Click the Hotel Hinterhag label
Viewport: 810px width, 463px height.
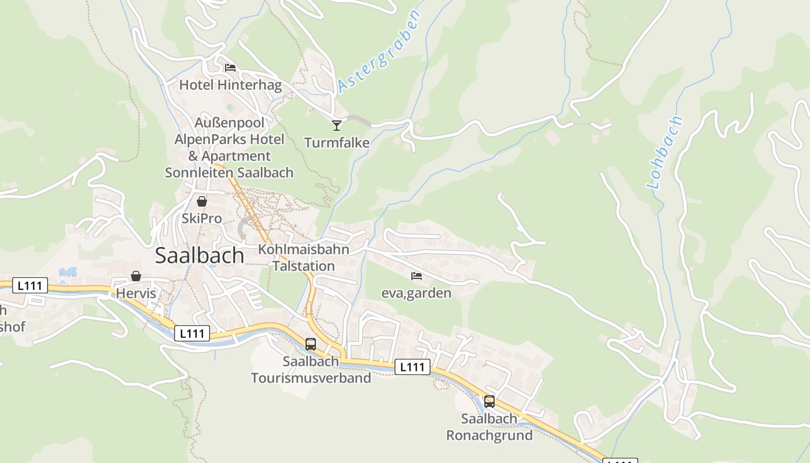(x=230, y=86)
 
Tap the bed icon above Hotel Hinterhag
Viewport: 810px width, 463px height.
(x=230, y=68)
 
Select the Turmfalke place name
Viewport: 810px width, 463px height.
(x=337, y=143)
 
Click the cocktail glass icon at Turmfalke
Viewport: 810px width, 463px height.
(x=337, y=125)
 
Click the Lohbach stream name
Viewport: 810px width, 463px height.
(x=665, y=153)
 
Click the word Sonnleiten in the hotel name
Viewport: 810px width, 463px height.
(x=199, y=172)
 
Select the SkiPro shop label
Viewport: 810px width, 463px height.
(x=201, y=219)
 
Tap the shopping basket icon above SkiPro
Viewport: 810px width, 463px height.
(x=202, y=201)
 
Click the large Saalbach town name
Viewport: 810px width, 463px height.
(x=200, y=256)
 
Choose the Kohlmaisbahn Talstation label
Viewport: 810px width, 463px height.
(x=304, y=258)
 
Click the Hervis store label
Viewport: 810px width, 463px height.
(x=136, y=293)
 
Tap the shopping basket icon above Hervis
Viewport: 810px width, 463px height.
(x=136, y=276)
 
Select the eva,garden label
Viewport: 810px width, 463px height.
(x=416, y=293)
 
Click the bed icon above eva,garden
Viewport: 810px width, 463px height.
(x=416, y=276)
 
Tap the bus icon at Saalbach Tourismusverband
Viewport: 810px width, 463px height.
(x=311, y=344)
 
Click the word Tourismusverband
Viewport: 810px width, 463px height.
(x=311, y=379)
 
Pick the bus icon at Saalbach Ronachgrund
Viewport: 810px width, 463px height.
(x=489, y=401)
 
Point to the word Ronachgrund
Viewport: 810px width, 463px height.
(x=489, y=436)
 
